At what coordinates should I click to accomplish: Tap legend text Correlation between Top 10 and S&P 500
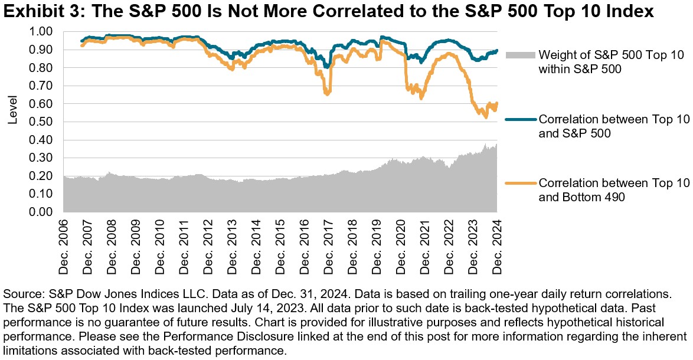tap(614, 126)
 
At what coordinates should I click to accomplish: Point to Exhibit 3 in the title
tap(37, 12)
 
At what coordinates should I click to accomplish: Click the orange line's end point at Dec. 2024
tap(497, 103)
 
